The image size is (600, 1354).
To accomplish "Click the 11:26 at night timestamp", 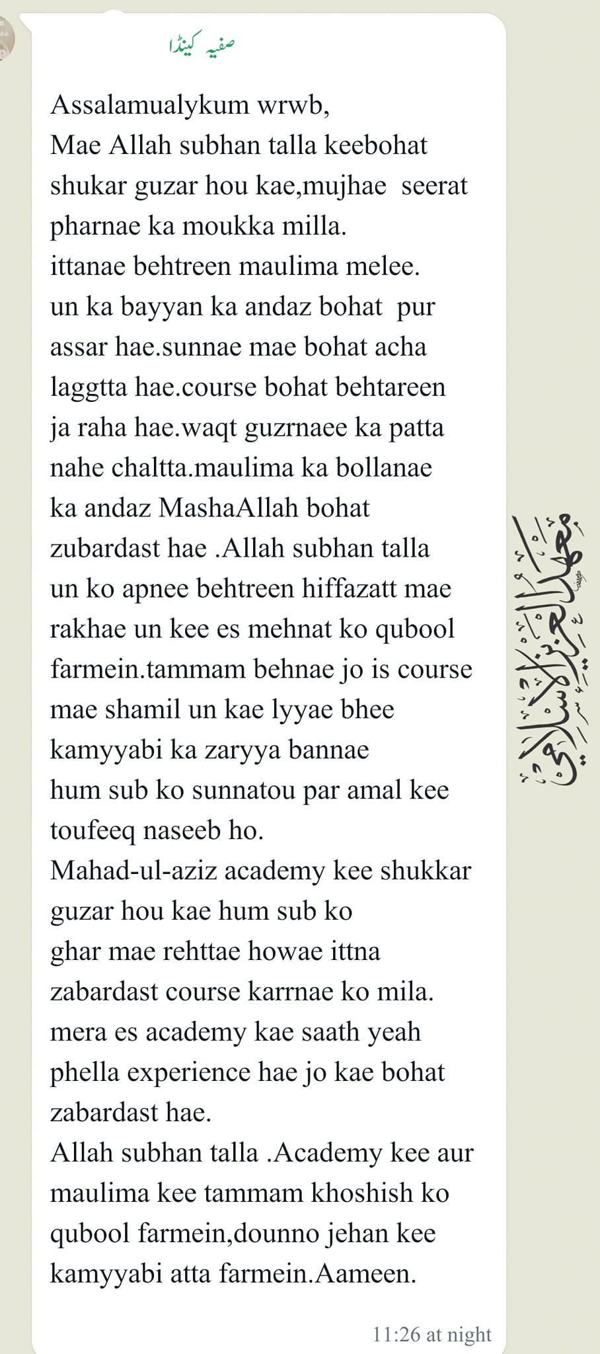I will click(x=432, y=1334).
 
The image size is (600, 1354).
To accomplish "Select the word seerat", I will click(x=434, y=186).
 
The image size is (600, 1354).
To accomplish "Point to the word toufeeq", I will click(x=93, y=830).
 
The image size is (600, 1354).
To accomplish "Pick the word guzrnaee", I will click(x=295, y=428).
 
